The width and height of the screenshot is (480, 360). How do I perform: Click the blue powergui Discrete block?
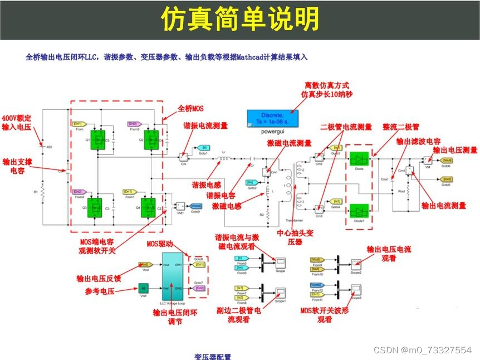pyautogui.click(x=272, y=118)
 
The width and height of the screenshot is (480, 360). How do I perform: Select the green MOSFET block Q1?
pyautogui.click(x=98, y=139)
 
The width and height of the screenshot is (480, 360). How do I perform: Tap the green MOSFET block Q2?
pyautogui.click(x=151, y=139)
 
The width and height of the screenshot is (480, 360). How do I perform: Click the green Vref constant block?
pyautogui.click(x=144, y=289)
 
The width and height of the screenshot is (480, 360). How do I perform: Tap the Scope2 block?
pyautogui.click(x=356, y=262)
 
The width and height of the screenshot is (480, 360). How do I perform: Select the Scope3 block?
pyautogui.click(x=356, y=289)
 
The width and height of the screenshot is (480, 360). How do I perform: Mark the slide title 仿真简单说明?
pyautogui.click(x=240, y=20)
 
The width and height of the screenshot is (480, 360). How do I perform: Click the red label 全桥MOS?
pyautogui.click(x=192, y=108)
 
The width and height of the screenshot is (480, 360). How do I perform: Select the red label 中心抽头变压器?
pyautogui.click(x=295, y=237)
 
